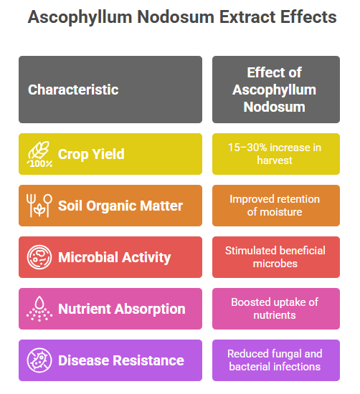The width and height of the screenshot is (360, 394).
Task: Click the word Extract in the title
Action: [x=247, y=17]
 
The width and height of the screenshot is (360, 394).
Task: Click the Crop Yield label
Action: [x=91, y=154]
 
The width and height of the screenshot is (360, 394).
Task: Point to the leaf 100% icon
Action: [x=39, y=154]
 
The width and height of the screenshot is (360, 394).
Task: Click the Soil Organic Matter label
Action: [x=120, y=206]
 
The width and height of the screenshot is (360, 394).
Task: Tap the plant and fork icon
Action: [x=39, y=206]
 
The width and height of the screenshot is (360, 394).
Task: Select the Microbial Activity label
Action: [x=115, y=257]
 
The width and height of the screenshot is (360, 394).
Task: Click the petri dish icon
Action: [x=39, y=257]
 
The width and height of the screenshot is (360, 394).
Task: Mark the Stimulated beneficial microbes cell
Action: [x=275, y=257]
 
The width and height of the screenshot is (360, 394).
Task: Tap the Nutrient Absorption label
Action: [x=122, y=309]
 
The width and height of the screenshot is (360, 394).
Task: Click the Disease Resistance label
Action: [x=121, y=360]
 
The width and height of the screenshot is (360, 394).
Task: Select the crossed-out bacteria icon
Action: [x=39, y=360]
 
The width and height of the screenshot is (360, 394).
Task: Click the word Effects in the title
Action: [x=308, y=17]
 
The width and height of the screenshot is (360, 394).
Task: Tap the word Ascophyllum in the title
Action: [x=80, y=18]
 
